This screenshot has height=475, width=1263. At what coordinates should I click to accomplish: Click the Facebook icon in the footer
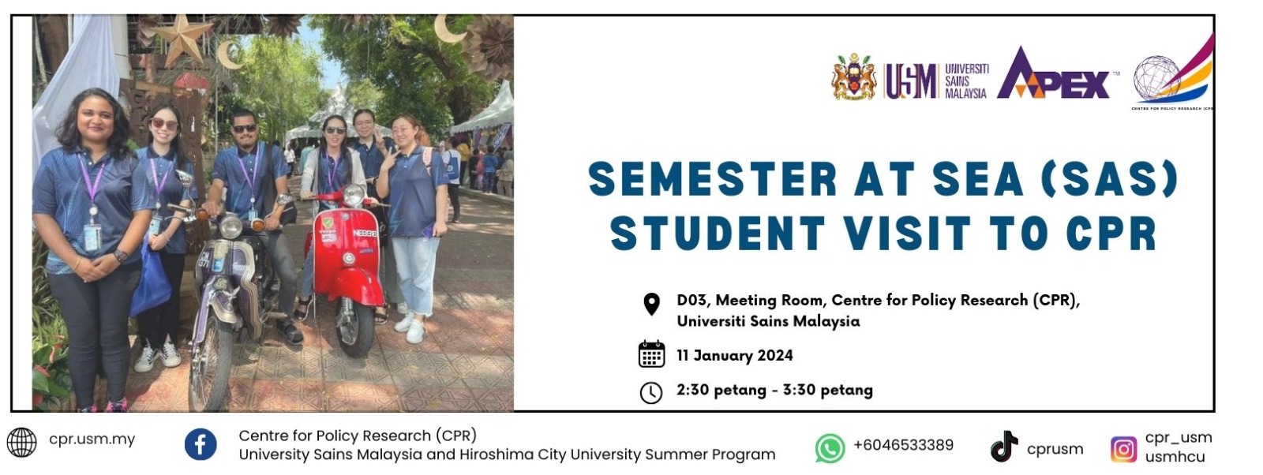pyautogui.click(x=201, y=444)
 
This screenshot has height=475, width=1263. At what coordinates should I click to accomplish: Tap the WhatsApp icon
pyautogui.click(x=830, y=448)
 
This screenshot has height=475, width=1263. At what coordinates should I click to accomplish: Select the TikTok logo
pyautogui.click(x=1004, y=447)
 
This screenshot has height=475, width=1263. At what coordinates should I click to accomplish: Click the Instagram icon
pyautogui.click(x=1123, y=449)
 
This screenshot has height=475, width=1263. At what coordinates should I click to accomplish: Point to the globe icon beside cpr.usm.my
pyautogui.click(x=21, y=443)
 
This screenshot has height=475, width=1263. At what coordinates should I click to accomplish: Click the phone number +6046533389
pyautogui.click(x=903, y=445)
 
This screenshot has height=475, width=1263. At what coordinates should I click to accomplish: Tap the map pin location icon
pyautogui.click(x=651, y=305)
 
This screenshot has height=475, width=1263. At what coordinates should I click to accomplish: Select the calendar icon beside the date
pyautogui.click(x=651, y=354)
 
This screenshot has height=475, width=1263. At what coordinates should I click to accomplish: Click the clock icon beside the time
pyautogui.click(x=650, y=393)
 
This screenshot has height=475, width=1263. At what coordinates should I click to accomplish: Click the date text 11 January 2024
pyautogui.click(x=735, y=356)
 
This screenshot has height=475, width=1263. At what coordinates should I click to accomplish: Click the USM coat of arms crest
pyautogui.click(x=853, y=77)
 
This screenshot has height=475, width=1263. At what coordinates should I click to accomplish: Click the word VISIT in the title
pyautogui.click(x=908, y=233)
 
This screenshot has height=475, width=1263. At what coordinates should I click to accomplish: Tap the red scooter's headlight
pyautogui.click(x=354, y=195)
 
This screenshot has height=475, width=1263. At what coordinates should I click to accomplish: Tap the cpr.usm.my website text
pyautogui.click(x=92, y=439)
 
